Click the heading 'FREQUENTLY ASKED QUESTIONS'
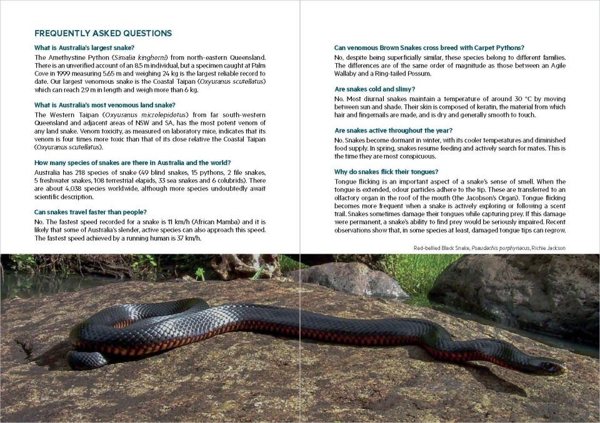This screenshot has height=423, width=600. click(x=103, y=33)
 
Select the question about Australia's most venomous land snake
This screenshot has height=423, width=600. click(x=105, y=104)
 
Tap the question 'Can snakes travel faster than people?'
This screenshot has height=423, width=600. click(x=91, y=212)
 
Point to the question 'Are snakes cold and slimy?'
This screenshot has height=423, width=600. click(x=375, y=89)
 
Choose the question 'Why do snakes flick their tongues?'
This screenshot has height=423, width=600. click(x=386, y=172)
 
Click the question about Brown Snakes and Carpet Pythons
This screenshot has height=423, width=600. click(x=429, y=47)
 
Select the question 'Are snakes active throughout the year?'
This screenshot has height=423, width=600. click(x=392, y=131)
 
